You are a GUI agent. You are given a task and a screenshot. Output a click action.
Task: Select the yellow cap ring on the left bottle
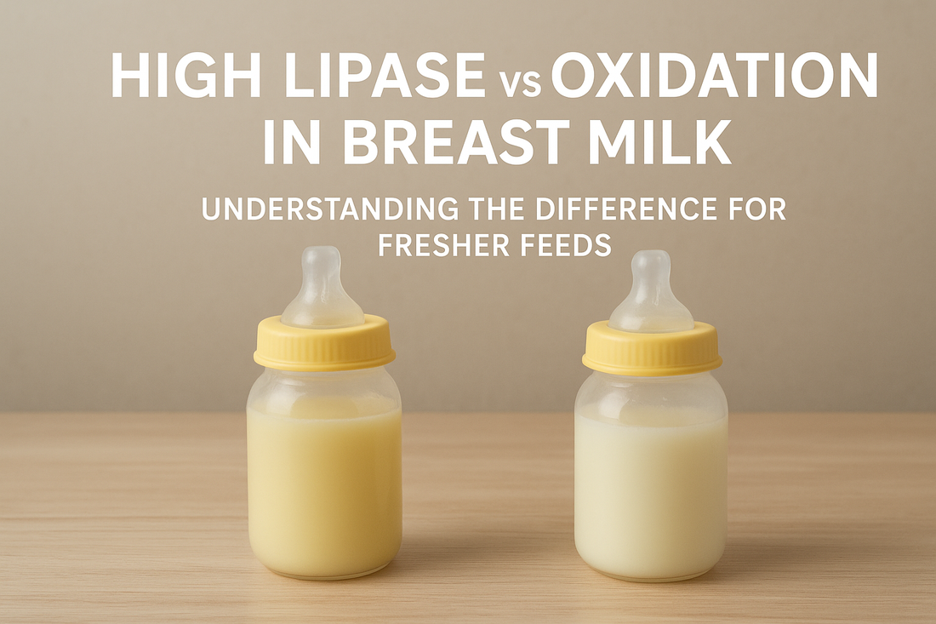(x=324, y=344)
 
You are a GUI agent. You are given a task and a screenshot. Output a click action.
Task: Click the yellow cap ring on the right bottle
(x=652, y=348)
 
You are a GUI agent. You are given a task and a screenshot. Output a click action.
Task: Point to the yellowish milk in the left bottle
(x=324, y=485)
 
